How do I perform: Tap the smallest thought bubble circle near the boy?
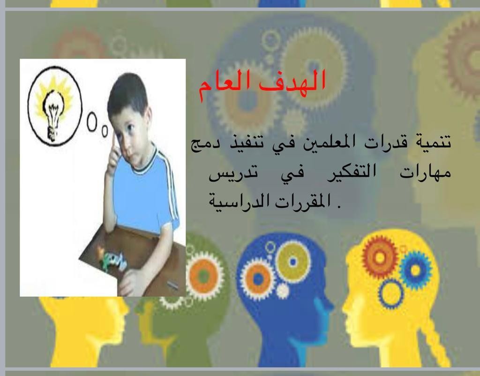point(105,131)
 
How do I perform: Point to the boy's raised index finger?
point(114,143)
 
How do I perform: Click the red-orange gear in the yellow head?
point(380,257)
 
